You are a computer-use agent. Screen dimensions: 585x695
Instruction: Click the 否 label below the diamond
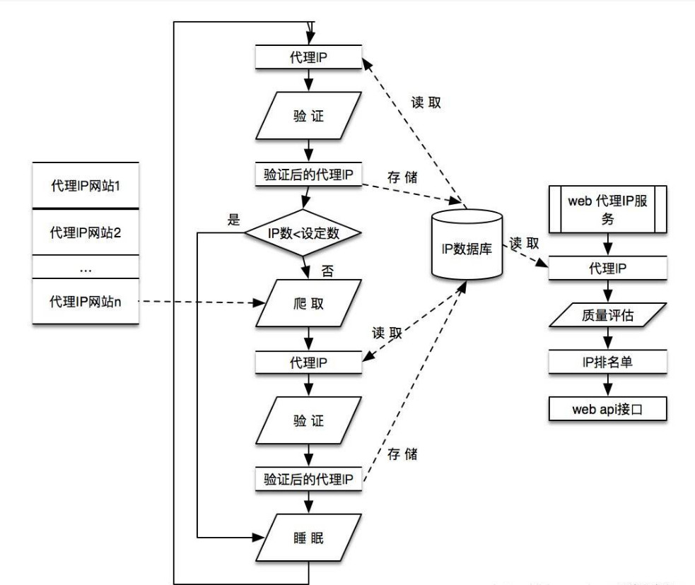326,269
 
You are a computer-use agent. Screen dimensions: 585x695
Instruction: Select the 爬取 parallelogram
308,303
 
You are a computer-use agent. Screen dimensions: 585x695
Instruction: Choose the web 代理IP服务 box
607,208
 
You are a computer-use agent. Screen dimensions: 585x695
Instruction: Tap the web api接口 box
607,408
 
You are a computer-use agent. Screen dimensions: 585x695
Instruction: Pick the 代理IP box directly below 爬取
308,362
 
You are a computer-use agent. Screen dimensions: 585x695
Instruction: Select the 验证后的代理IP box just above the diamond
308,175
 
